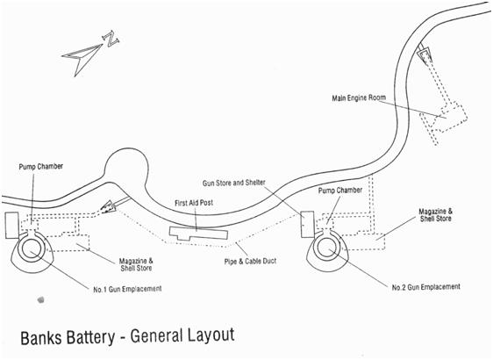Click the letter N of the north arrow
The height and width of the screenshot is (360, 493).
click(x=111, y=39)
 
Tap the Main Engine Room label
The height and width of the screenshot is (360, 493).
click(x=359, y=97)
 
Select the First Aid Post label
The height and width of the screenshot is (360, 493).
click(x=194, y=203)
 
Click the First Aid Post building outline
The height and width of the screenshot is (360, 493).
click(x=199, y=234)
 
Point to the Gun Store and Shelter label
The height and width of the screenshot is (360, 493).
click(x=234, y=183)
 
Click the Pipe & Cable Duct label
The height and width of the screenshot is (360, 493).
click(x=250, y=261)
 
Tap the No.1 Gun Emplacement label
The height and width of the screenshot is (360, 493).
click(x=127, y=289)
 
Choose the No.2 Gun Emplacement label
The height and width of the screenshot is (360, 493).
click(x=425, y=287)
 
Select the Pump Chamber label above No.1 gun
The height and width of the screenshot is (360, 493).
click(x=41, y=167)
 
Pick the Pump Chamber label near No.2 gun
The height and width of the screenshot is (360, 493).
click(x=340, y=191)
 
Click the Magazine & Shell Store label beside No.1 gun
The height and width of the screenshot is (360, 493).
click(x=136, y=264)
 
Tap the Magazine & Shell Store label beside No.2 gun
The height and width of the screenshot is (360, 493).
click(x=436, y=215)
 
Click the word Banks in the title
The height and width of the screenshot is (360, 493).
click(x=41, y=338)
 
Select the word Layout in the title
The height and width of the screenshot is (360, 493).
click(x=211, y=335)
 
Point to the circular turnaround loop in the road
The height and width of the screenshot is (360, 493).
click(x=104, y=163)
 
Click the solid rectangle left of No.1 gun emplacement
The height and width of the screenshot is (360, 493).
click(x=11, y=226)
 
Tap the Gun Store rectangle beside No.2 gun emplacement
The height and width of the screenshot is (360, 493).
click(x=307, y=224)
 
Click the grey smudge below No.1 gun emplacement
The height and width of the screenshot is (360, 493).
click(x=40, y=299)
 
